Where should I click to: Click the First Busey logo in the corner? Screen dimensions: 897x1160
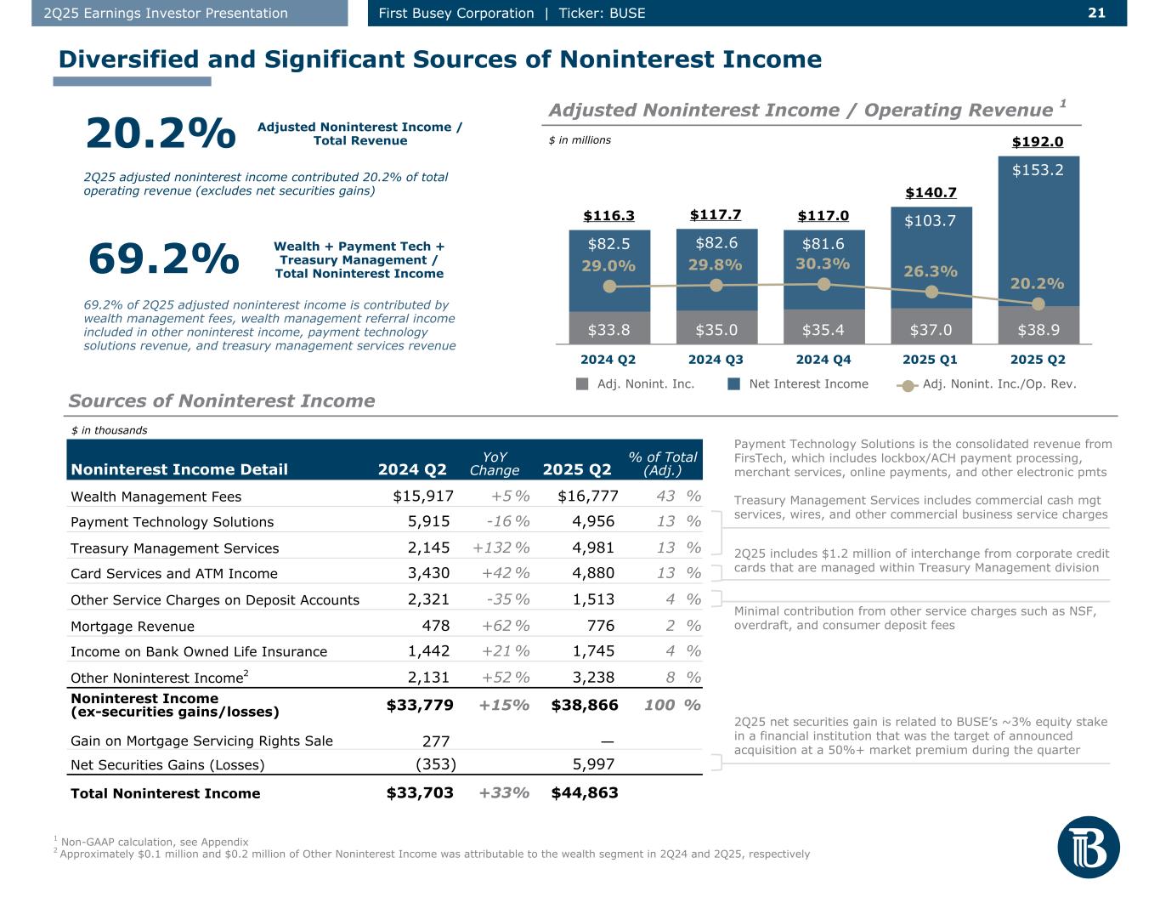tap(1088, 847)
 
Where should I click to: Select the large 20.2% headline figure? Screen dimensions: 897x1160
tap(161, 133)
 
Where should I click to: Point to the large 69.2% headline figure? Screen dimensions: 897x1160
tap(163, 259)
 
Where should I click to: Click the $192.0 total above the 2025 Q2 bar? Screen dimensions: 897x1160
tap(1038, 142)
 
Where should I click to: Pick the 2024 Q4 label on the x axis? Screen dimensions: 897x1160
tap(823, 360)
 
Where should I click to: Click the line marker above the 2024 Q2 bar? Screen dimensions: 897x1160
tap(609, 287)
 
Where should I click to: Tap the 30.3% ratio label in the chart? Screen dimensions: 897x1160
tap(823, 264)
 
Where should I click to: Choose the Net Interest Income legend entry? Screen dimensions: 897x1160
tap(799, 383)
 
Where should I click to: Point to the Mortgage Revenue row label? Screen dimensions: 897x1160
tap(133, 627)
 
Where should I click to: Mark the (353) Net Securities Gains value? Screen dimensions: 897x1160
tap(435, 764)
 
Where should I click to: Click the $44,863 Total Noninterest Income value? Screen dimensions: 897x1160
tap(585, 793)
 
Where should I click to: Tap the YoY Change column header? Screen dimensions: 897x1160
tap(494, 463)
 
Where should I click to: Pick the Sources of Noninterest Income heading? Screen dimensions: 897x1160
tap(222, 401)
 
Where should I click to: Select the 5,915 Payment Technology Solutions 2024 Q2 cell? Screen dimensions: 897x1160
tap(429, 522)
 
